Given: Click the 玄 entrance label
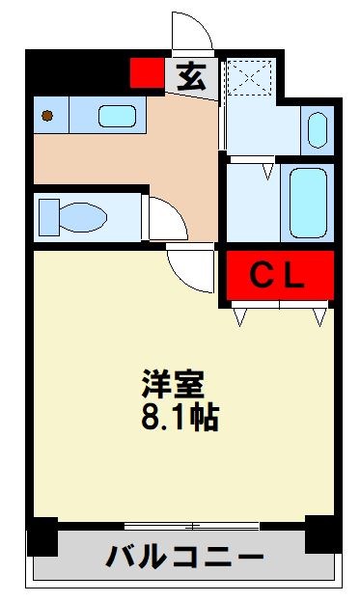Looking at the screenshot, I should pos(191,76).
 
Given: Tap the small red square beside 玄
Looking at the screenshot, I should pos(147,72).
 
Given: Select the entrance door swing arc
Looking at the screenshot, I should pos(191,34).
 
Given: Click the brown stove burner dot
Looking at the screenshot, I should pos(46,117).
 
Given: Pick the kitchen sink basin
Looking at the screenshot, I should pos(117,117).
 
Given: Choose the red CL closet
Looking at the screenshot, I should pos(280,275).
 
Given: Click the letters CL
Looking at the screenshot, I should pos(279,276).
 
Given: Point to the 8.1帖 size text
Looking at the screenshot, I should pos(180,418).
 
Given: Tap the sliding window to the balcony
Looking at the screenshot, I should pos(193,526).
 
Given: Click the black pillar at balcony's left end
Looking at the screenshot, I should pos(42,535).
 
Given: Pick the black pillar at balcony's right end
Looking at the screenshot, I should pos(320,534).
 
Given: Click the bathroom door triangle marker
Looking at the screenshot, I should pos(267,172).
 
